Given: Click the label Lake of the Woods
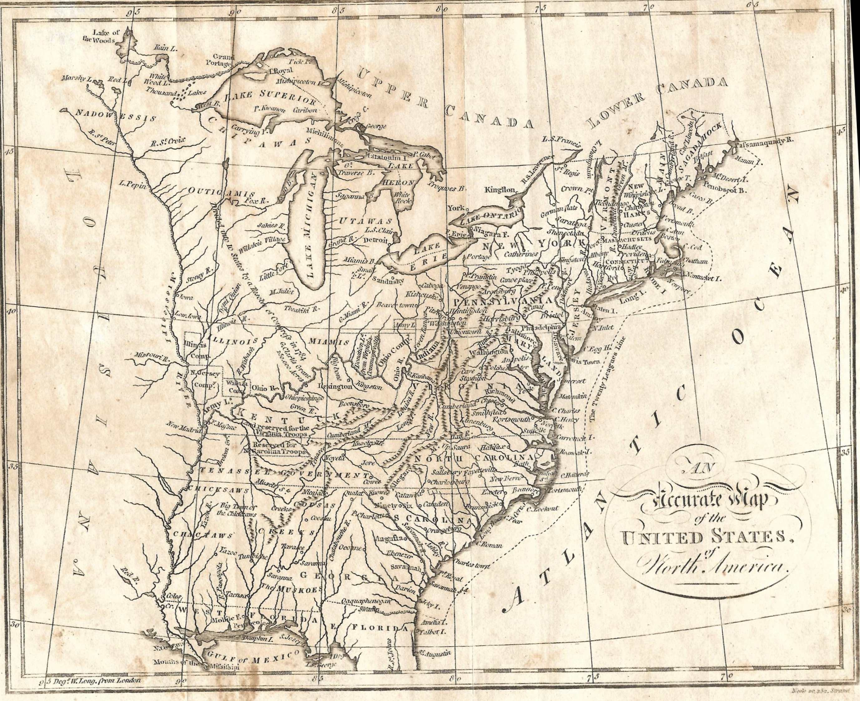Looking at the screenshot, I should [104, 36].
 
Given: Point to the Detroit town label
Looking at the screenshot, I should [375, 240].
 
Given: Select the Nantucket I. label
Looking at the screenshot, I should [701, 278].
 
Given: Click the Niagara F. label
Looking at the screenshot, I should [489, 233].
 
